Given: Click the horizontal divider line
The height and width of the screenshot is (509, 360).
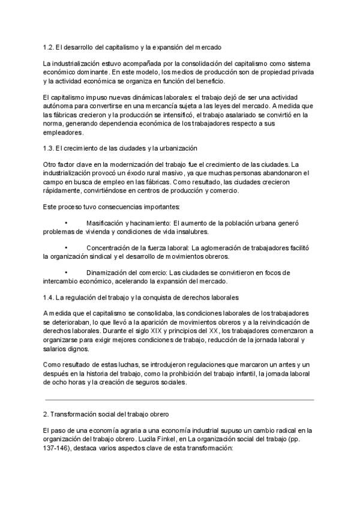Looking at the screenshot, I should coord(179,399).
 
